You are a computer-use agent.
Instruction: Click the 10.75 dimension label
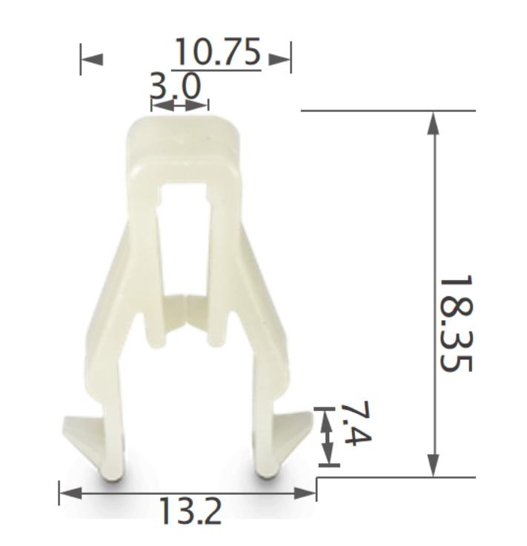click(x=216, y=53)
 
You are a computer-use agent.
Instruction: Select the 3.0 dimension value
click(x=176, y=87)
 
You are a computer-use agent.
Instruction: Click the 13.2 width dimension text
click(x=190, y=511)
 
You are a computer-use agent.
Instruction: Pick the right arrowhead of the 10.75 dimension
click(x=280, y=59)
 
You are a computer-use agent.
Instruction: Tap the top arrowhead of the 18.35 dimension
click(x=434, y=123)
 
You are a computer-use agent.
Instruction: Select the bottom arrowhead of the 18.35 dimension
click(x=434, y=465)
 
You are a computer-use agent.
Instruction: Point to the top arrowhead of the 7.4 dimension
click(x=325, y=420)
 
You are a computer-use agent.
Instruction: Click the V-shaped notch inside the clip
click(x=184, y=311)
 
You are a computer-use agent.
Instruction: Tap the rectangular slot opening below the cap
click(x=183, y=222)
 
